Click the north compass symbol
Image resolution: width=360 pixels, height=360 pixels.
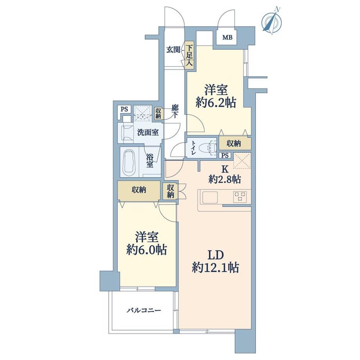(272, 22)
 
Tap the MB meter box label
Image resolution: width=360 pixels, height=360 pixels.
(227, 38)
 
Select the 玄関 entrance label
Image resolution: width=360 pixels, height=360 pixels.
(173, 49)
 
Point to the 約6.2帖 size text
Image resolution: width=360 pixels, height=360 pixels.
(216, 103)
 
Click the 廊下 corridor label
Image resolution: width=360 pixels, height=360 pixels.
(175, 111)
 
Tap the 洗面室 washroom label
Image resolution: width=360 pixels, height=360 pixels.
(148, 133)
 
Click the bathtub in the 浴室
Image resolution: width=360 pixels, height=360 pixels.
(130, 163)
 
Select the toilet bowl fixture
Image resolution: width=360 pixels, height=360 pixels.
(207, 148)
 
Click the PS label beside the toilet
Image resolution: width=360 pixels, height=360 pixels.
(225, 155)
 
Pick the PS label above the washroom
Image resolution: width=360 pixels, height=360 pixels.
(124, 109)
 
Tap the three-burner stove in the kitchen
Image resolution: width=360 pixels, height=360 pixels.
(240, 197)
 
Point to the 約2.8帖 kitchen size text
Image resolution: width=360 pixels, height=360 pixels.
(225, 179)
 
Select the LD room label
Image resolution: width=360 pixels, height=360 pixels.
(216, 255)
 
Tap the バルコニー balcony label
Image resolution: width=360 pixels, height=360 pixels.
(144, 311)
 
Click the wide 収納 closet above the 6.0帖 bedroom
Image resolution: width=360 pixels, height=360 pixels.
(139, 190)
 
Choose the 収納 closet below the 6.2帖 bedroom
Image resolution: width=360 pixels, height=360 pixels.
(235, 144)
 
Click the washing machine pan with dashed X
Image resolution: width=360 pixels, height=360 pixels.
(142, 113)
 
